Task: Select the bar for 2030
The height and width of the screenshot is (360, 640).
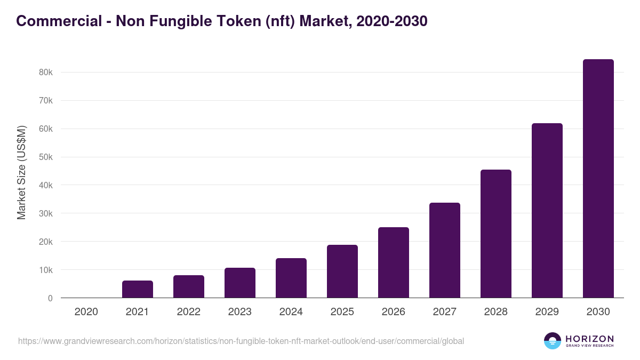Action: [x=598, y=179]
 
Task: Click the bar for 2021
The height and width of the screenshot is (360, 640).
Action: [x=138, y=289]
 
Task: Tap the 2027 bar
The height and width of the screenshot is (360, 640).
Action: [x=445, y=250]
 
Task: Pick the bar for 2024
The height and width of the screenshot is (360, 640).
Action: [x=291, y=278]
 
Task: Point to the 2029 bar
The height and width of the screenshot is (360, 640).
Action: [x=547, y=211]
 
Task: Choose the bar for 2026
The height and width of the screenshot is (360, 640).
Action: [x=394, y=262]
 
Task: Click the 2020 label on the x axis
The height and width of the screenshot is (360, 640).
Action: [x=86, y=312]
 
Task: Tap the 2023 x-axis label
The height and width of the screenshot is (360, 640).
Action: [x=240, y=312]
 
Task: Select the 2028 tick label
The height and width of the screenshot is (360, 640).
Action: [x=496, y=312]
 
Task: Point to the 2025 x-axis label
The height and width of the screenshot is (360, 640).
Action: [x=342, y=312]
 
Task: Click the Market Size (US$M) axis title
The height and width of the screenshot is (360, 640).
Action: [x=21, y=172]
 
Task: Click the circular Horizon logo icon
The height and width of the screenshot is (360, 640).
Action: [x=553, y=341]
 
